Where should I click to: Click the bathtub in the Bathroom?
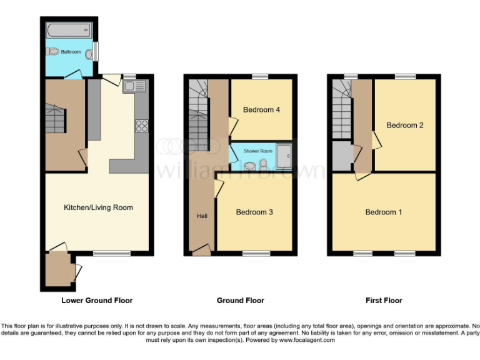coord(69,30)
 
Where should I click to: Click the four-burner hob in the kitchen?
coord(141,126)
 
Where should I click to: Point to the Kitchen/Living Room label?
coord(98,207)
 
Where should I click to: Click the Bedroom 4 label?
coord(261,110)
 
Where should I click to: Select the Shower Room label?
coord(258,151)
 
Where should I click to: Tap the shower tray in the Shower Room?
coord(284,157)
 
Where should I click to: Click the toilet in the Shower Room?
coord(263,164)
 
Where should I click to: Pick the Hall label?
coord(202,216)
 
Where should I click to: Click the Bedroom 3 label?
coord(254,212)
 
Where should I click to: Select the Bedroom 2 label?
coord(405,125)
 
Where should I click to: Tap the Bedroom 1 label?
coord(384,212)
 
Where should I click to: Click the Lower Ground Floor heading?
coord(97,301)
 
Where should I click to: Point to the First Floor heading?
coord(384,301)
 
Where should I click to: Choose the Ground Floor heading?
coord(240,301)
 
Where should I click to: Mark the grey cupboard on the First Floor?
coord(342,156)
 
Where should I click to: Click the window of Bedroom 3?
coord(256,254)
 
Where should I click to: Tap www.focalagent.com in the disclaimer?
coord(307,341)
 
